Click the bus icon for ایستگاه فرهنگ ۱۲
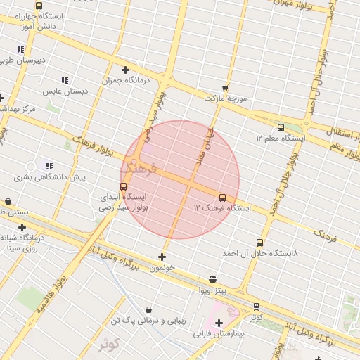(x=223, y=198)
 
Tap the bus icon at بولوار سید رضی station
(x=124, y=187)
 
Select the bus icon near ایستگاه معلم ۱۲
(x=281, y=127)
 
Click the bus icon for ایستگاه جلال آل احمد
(x=260, y=243)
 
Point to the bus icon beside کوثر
(x=255, y=307)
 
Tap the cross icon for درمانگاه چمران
(x=125, y=70)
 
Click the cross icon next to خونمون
(x=162, y=257)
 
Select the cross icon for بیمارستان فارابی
(x=219, y=323)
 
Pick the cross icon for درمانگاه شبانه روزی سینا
(x=22, y=227)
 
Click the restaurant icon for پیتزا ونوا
(x=212, y=279)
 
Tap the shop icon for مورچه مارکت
(x=225, y=87)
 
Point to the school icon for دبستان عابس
(x=65, y=80)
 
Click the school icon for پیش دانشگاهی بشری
(x=49, y=166)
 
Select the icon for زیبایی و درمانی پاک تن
(x=148, y=309)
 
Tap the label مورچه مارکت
(x=226, y=98)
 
